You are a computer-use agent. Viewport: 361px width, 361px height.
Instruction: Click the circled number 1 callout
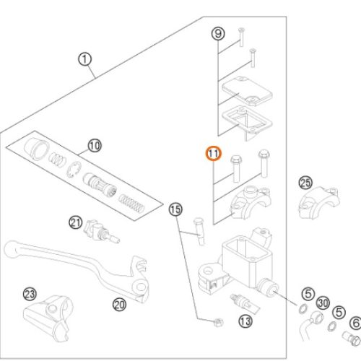tap(84, 60)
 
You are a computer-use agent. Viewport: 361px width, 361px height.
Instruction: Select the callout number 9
tap(218, 34)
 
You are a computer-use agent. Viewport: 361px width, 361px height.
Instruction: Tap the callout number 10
tap(95, 146)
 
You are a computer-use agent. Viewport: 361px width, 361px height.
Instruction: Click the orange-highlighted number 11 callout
tap(214, 153)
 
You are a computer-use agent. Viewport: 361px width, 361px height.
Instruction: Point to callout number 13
tap(245, 321)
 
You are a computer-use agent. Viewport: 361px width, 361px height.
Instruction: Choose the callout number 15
tap(175, 209)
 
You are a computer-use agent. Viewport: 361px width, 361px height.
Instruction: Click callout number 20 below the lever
tap(119, 305)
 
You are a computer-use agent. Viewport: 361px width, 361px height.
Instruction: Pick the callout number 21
tap(76, 223)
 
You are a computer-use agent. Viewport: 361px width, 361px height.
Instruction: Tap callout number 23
tap(30, 294)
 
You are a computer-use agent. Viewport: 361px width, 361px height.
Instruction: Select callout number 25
tap(305, 183)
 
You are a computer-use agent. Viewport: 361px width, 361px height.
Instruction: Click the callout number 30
tap(323, 303)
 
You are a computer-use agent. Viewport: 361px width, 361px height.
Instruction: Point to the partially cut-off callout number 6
tap(356, 323)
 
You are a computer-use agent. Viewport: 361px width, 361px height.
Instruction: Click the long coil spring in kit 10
tap(132, 204)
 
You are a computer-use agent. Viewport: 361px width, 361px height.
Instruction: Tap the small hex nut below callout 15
tap(218, 322)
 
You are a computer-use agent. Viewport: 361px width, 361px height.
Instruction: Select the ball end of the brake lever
tap(11, 248)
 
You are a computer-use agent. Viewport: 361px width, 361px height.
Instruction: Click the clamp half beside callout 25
tap(320, 201)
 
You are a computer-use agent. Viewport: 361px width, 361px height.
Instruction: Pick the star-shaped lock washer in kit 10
tap(74, 170)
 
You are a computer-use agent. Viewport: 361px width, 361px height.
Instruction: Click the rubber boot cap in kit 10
tap(36, 149)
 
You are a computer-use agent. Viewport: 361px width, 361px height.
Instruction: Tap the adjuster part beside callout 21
tap(101, 232)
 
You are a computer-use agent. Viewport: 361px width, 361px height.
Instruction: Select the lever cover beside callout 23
tap(47, 318)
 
